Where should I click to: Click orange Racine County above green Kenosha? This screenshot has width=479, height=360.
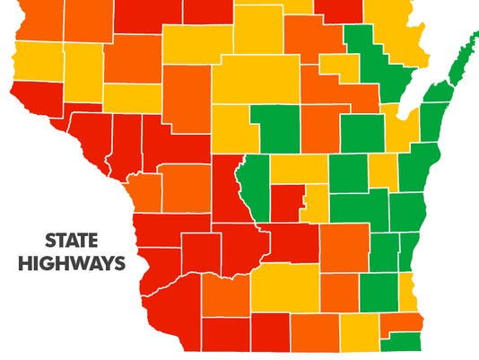pyautogui.click(x=401, y=323)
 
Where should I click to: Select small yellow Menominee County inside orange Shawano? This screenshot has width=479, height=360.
pyautogui.click(x=338, y=66)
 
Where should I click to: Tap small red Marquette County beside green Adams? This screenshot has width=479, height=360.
pyautogui.click(x=286, y=203)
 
